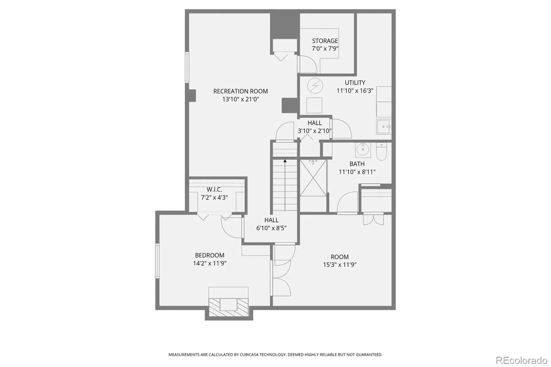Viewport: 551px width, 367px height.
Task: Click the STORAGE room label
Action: point(325,41)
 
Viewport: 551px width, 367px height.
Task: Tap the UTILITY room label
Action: point(355,83)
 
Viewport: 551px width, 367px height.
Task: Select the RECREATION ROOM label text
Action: point(241,91)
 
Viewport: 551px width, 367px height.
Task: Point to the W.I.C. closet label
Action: point(214,190)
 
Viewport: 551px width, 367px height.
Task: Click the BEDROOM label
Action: point(210,255)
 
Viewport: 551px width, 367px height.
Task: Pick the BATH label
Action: point(357,164)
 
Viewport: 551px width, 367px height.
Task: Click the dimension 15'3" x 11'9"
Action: point(340,265)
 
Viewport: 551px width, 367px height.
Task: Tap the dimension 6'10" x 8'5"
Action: point(271,228)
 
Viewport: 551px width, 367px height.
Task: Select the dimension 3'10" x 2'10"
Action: point(315,131)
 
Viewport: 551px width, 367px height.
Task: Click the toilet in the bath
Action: point(382,151)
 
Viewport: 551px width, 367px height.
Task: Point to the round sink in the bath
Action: point(363,149)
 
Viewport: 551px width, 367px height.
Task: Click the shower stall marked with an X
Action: point(313,178)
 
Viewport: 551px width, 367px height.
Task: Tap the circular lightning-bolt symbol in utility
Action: point(315,86)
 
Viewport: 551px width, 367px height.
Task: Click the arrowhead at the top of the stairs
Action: point(285,161)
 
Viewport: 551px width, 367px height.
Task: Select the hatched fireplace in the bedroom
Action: point(229,307)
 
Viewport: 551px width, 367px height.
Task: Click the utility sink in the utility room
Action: point(384,126)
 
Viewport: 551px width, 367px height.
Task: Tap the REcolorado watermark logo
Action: point(521,360)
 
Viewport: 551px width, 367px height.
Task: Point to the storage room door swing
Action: point(308,64)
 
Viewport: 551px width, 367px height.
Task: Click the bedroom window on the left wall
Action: point(157,261)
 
